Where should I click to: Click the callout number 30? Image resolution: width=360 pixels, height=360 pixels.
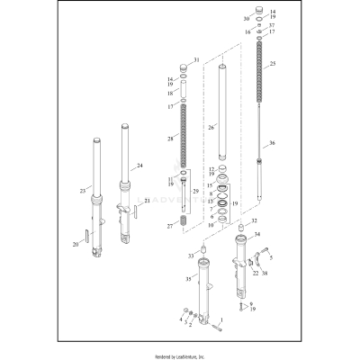click(247, 18)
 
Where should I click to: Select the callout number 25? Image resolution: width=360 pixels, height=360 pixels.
click(273, 63)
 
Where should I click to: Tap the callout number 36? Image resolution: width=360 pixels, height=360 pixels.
click(272, 143)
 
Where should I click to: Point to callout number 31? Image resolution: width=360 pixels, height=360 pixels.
click(197, 59)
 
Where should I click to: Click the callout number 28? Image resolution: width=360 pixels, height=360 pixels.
click(171, 139)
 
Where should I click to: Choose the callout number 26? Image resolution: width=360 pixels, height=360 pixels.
click(212, 128)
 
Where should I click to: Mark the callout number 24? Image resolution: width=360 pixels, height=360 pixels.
click(139, 166)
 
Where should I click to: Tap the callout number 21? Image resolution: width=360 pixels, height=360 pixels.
click(148, 201)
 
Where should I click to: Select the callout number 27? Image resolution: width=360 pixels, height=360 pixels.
click(171, 226)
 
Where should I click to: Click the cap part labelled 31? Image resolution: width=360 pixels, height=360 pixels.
click(186, 67)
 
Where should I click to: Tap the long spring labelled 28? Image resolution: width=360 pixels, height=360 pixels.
click(186, 135)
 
